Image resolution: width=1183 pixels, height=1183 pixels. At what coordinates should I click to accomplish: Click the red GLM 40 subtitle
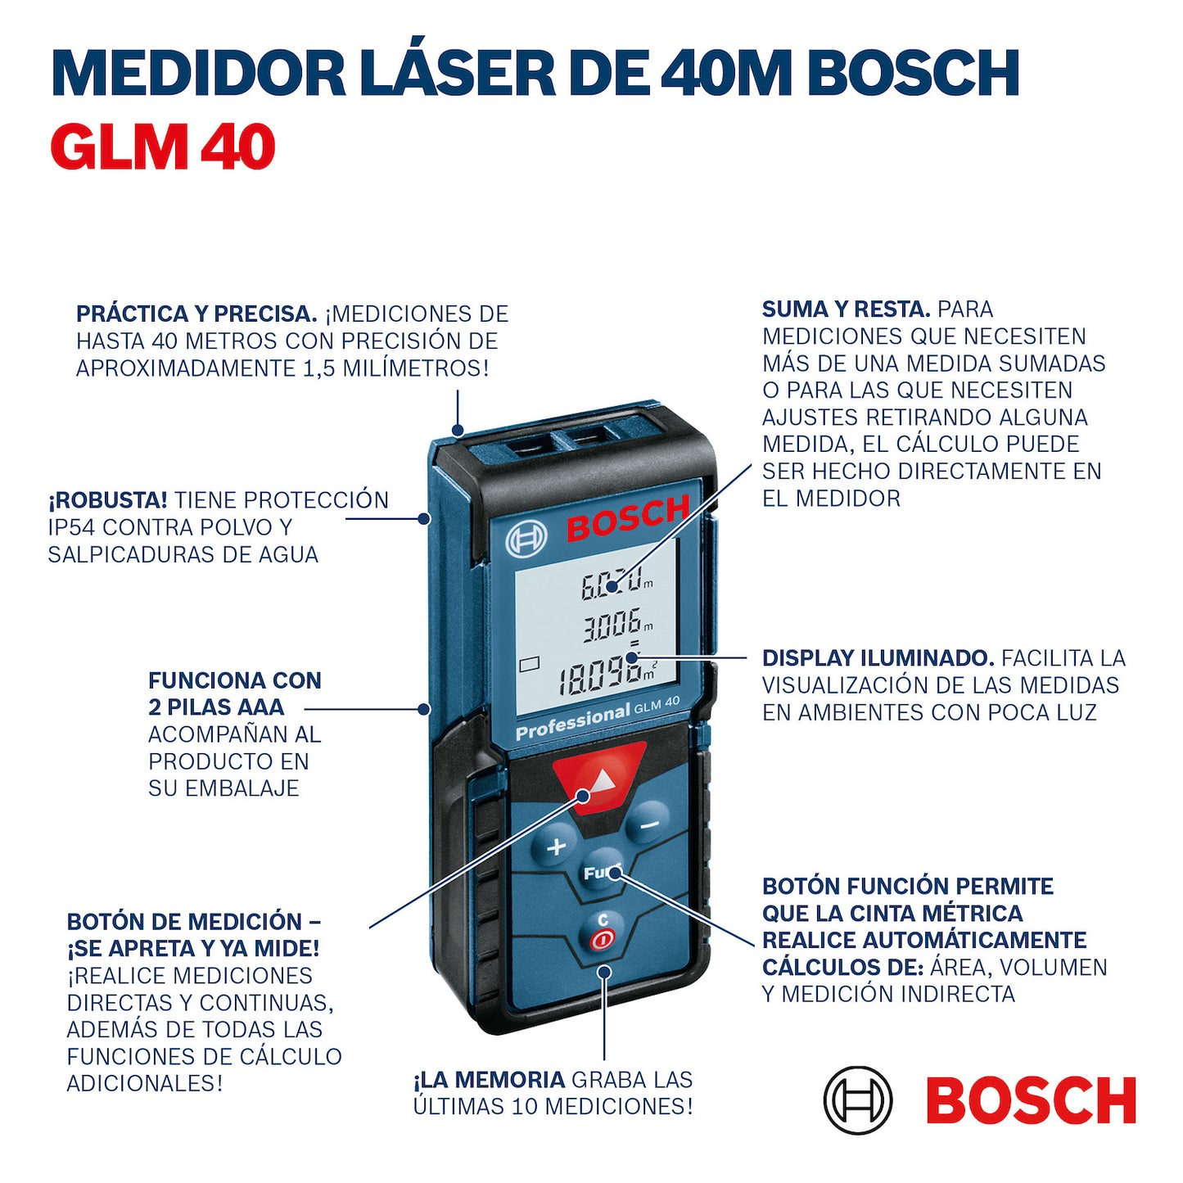tap(162, 147)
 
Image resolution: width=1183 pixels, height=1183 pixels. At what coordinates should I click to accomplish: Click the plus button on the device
tap(556, 847)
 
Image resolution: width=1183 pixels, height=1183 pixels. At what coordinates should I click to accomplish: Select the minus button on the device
tap(648, 824)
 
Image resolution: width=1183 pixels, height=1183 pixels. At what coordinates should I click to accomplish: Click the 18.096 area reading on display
tap(602, 677)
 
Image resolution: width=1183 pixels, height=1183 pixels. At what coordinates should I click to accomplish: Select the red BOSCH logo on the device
tap(628, 518)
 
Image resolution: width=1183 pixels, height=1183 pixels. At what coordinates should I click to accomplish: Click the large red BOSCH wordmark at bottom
tap(1031, 1100)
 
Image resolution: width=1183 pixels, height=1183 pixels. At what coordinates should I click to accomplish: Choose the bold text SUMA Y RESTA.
tap(846, 309)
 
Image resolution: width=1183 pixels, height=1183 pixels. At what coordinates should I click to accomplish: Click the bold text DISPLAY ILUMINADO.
tap(878, 658)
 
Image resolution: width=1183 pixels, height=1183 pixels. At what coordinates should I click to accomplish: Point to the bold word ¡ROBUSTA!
tap(108, 500)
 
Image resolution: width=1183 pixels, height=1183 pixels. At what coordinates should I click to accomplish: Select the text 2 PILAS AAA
tap(216, 707)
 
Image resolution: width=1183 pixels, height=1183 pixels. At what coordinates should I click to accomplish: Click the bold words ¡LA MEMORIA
tap(490, 1080)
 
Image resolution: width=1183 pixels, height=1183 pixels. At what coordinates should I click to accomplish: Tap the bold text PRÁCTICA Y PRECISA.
tap(196, 314)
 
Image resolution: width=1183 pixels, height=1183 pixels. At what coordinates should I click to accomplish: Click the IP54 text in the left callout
tap(70, 527)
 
